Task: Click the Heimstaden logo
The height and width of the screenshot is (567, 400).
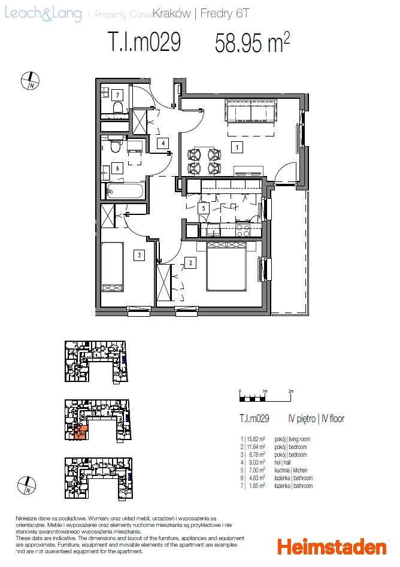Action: coord(331,547)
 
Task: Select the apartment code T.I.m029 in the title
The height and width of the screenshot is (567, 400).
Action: coord(144,43)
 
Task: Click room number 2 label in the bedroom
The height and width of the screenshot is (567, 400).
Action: coord(190,262)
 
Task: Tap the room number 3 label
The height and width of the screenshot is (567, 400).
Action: coord(139,255)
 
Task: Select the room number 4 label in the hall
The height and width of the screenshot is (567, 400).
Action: coord(162,143)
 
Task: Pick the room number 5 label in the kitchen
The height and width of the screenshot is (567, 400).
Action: coord(204,208)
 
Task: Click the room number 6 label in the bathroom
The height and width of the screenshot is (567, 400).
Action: coord(118,168)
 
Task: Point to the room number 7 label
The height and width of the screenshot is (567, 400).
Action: coord(118,95)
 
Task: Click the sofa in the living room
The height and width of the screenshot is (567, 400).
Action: coord(250,111)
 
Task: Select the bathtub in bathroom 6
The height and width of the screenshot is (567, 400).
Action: coord(125,192)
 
